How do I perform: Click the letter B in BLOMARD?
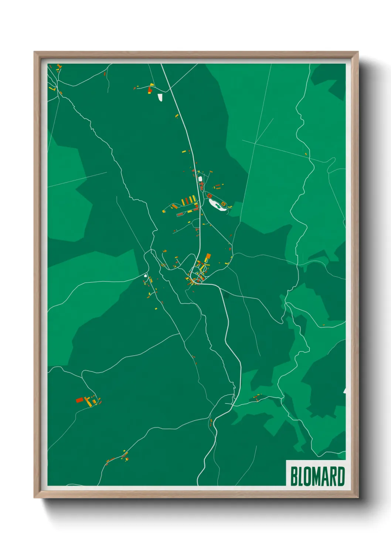(294, 476)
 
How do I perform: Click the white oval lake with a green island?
(217, 205)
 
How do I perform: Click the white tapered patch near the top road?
(160, 97)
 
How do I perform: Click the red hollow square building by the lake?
(209, 196)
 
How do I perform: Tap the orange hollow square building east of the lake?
(224, 203)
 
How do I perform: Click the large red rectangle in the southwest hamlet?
(79, 400)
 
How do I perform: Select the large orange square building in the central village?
(208, 256)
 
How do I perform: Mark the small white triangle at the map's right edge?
(344, 390)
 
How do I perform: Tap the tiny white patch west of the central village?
(146, 275)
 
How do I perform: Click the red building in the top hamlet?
(150, 89)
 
